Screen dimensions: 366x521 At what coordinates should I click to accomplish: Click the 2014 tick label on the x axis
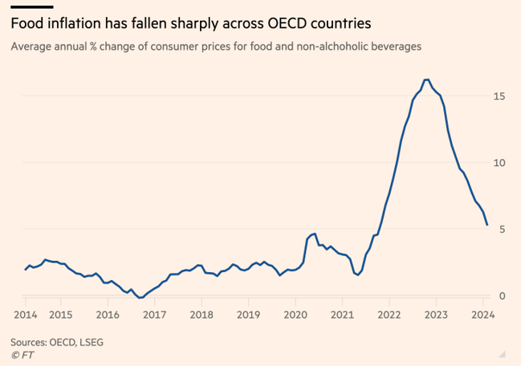25,315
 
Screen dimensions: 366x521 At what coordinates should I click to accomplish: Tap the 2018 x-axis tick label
201,315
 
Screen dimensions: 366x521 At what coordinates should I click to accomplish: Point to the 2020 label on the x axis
295,315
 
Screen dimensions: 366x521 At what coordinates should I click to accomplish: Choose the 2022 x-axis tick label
389,315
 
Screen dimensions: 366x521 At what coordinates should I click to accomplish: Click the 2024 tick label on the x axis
483,315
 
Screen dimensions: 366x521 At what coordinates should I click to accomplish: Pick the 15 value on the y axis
499,96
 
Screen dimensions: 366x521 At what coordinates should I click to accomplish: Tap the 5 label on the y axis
502,230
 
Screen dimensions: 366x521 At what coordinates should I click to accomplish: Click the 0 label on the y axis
502,296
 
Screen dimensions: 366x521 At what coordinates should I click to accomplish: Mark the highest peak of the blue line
426,79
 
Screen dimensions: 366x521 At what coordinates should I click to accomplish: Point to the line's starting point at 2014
25,270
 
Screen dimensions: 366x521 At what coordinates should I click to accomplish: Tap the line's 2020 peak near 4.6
315,234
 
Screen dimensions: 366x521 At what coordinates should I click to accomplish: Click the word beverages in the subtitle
393,47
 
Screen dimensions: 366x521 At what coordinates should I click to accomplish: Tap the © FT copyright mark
21,354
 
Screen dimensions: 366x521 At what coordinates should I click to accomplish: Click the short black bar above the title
31,7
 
